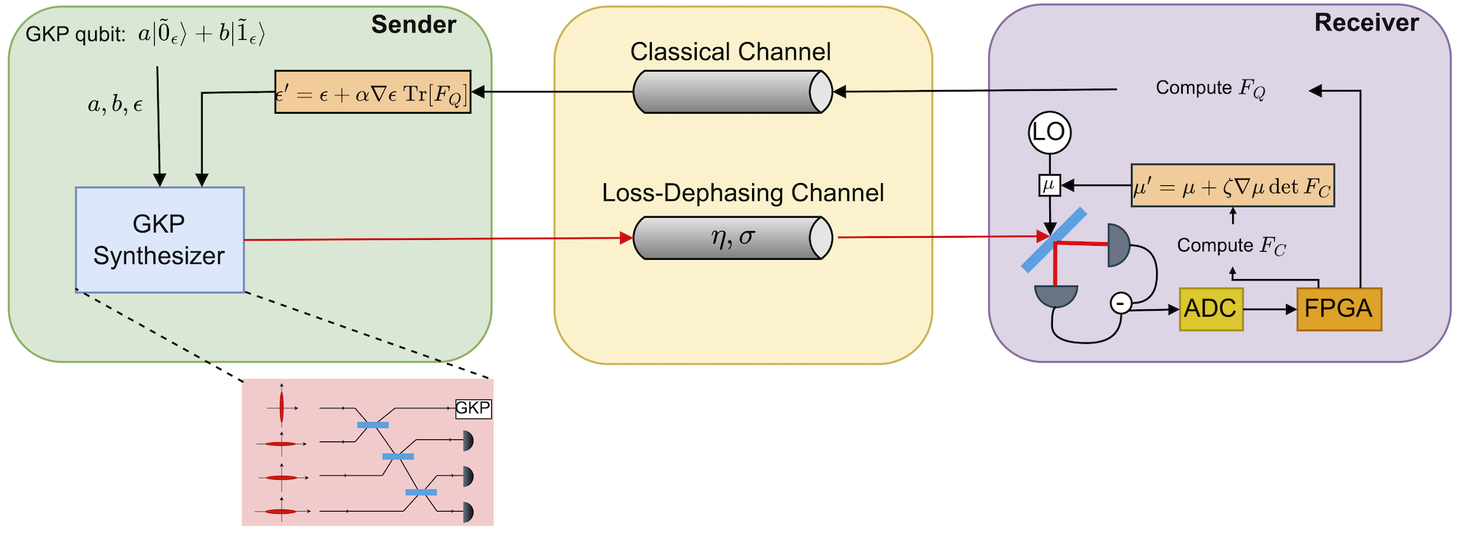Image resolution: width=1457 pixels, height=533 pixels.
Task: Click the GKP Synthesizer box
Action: [x=159, y=240]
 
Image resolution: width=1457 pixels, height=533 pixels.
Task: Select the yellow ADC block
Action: [x=1211, y=309]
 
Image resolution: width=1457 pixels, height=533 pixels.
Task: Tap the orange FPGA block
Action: [x=1338, y=309]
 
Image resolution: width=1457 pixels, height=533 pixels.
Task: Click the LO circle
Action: [x=1049, y=133]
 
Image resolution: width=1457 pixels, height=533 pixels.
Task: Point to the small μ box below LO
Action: [x=1049, y=185]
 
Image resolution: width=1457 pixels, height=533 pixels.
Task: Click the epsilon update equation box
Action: [x=372, y=92]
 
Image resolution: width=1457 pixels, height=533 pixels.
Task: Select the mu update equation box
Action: [x=1232, y=186]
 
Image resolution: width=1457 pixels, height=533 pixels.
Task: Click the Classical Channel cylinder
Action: [x=732, y=92]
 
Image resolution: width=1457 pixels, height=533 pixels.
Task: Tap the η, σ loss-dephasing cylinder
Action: [x=732, y=238]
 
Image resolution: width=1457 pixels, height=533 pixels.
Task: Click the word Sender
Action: [x=413, y=24]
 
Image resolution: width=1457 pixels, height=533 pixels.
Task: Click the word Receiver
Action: [x=1366, y=23]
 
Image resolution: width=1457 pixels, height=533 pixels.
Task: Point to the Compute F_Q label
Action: [x=1210, y=89]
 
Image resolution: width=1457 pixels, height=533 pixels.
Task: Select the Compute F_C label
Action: [x=1231, y=246]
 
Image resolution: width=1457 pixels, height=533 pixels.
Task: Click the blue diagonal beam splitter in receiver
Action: [x=1054, y=240]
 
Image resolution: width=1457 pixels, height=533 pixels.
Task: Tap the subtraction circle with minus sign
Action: [x=1120, y=303]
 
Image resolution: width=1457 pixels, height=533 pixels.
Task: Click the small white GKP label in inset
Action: [x=473, y=408]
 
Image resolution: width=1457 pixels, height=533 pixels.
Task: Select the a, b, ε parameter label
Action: [x=115, y=106]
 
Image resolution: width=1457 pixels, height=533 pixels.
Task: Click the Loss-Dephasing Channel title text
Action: [x=742, y=193]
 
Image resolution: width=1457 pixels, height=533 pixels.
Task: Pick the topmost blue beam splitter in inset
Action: [x=372, y=425]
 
